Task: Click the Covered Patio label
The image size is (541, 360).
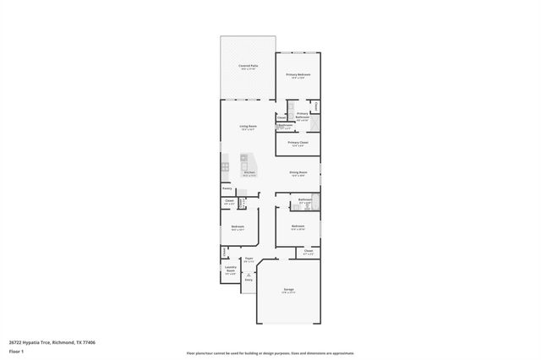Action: [248, 66]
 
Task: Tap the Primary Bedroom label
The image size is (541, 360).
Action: [298, 75]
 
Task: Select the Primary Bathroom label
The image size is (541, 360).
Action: [302, 116]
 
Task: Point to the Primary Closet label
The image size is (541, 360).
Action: [298, 143]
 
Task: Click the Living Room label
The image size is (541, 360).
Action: [248, 127]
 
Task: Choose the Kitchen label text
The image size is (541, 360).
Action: [249, 172]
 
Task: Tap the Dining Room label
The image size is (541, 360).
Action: [298, 172]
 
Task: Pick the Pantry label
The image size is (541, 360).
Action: [227, 188]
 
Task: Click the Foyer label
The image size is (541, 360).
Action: [249, 260]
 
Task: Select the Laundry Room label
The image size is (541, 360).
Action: [230, 271]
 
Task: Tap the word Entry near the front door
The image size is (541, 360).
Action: [249, 280]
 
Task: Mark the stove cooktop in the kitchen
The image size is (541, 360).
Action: [226, 167]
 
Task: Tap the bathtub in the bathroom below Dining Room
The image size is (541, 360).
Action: [317, 202]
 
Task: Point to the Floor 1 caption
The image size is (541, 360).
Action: [16, 351]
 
